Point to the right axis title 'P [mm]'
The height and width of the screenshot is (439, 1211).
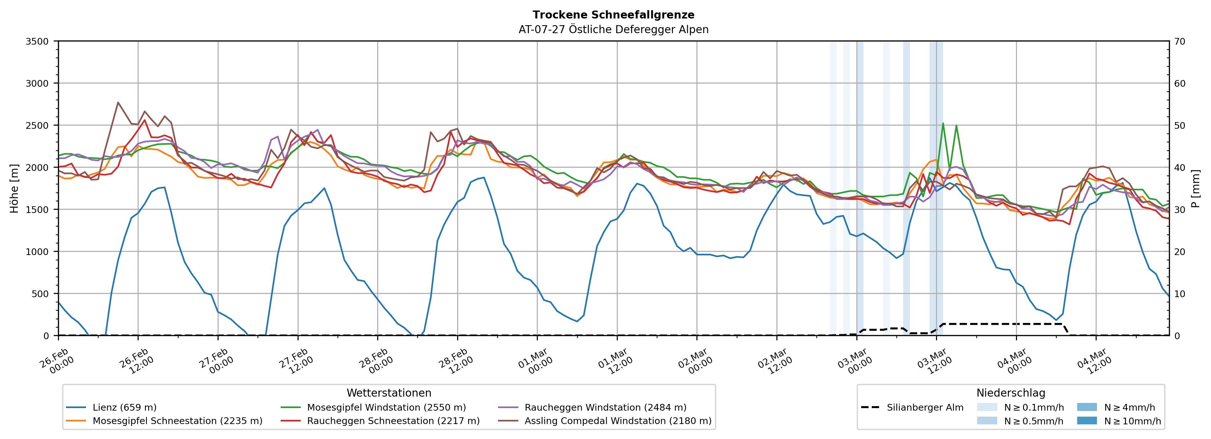click(x=1195, y=188)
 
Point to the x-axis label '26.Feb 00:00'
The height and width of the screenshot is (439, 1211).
click(x=56, y=361)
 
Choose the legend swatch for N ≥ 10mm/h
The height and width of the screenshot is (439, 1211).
click(x=1086, y=421)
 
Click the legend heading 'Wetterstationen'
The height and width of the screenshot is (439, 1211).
click(x=389, y=393)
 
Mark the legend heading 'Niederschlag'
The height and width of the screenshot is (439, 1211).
click(x=1011, y=393)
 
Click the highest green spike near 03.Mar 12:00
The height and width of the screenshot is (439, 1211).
click(x=942, y=123)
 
